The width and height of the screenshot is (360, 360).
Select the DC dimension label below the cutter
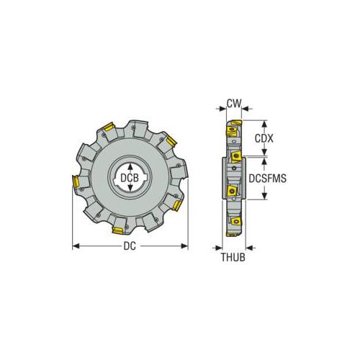tap(130, 245)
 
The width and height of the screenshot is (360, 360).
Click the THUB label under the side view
tap(233, 258)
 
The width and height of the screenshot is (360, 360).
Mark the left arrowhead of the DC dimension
tap(76, 245)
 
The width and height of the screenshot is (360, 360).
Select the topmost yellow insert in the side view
tap(231, 132)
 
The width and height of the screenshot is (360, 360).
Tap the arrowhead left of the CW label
tap(220, 108)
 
